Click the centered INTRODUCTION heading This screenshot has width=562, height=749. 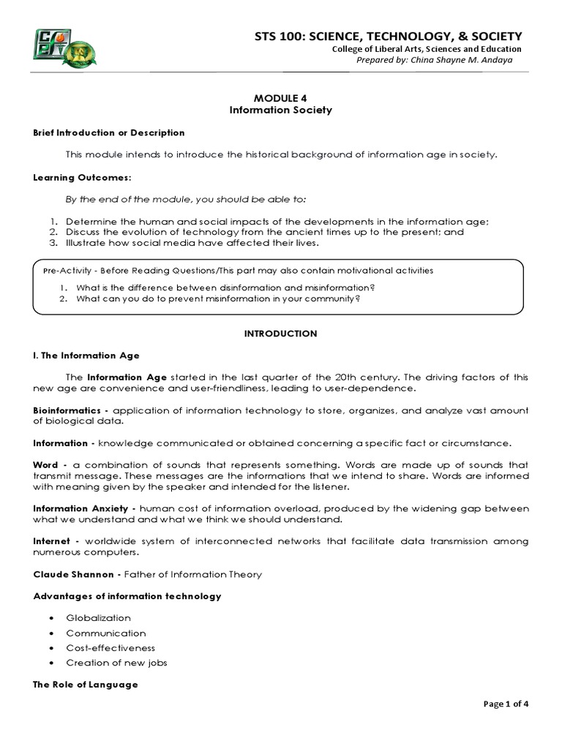click(281, 334)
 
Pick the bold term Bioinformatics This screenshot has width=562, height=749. click(62, 410)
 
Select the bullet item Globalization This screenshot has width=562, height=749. click(99, 618)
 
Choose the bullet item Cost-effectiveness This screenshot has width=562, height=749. click(110, 647)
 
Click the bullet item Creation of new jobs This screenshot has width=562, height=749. click(116, 663)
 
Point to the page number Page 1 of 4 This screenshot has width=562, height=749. click(506, 704)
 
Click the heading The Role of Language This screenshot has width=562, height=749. click(86, 685)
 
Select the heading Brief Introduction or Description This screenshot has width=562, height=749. click(109, 132)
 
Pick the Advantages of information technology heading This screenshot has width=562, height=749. click(127, 596)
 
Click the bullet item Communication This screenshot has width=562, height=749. click(106, 633)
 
